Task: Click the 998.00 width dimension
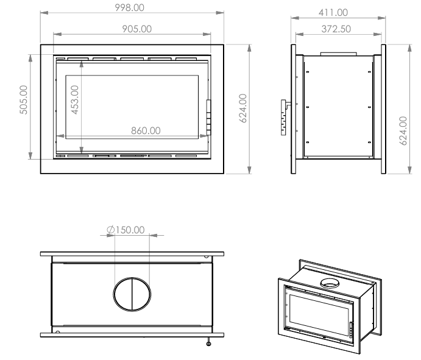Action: click(x=129, y=7)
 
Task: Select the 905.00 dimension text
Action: click(x=137, y=29)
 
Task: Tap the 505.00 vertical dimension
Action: click(x=24, y=100)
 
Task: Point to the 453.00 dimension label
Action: click(x=75, y=100)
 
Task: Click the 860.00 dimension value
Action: click(x=146, y=130)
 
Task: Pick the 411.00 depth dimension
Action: click(x=333, y=12)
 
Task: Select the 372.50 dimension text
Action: click(x=336, y=29)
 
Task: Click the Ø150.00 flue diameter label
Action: click(x=126, y=230)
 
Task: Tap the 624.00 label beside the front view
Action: click(x=242, y=108)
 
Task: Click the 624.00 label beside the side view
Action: click(x=403, y=131)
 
